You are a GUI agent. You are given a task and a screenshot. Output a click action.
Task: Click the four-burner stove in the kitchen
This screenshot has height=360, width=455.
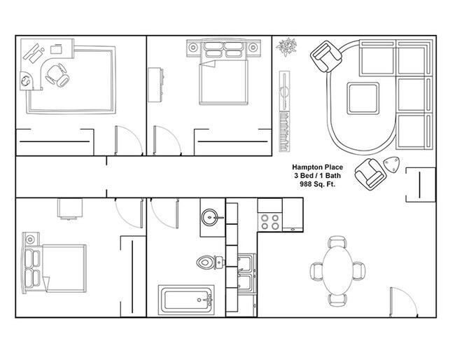(x=270, y=221)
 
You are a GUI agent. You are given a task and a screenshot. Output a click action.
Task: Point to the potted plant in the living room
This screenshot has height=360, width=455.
(x=286, y=48)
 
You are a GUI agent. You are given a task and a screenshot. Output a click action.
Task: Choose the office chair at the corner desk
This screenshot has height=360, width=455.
(x=60, y=74)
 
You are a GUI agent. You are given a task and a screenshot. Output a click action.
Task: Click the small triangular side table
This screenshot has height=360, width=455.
(x=393, y=166)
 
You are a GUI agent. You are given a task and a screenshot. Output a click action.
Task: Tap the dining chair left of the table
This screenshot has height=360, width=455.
(x=316, y=270)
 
